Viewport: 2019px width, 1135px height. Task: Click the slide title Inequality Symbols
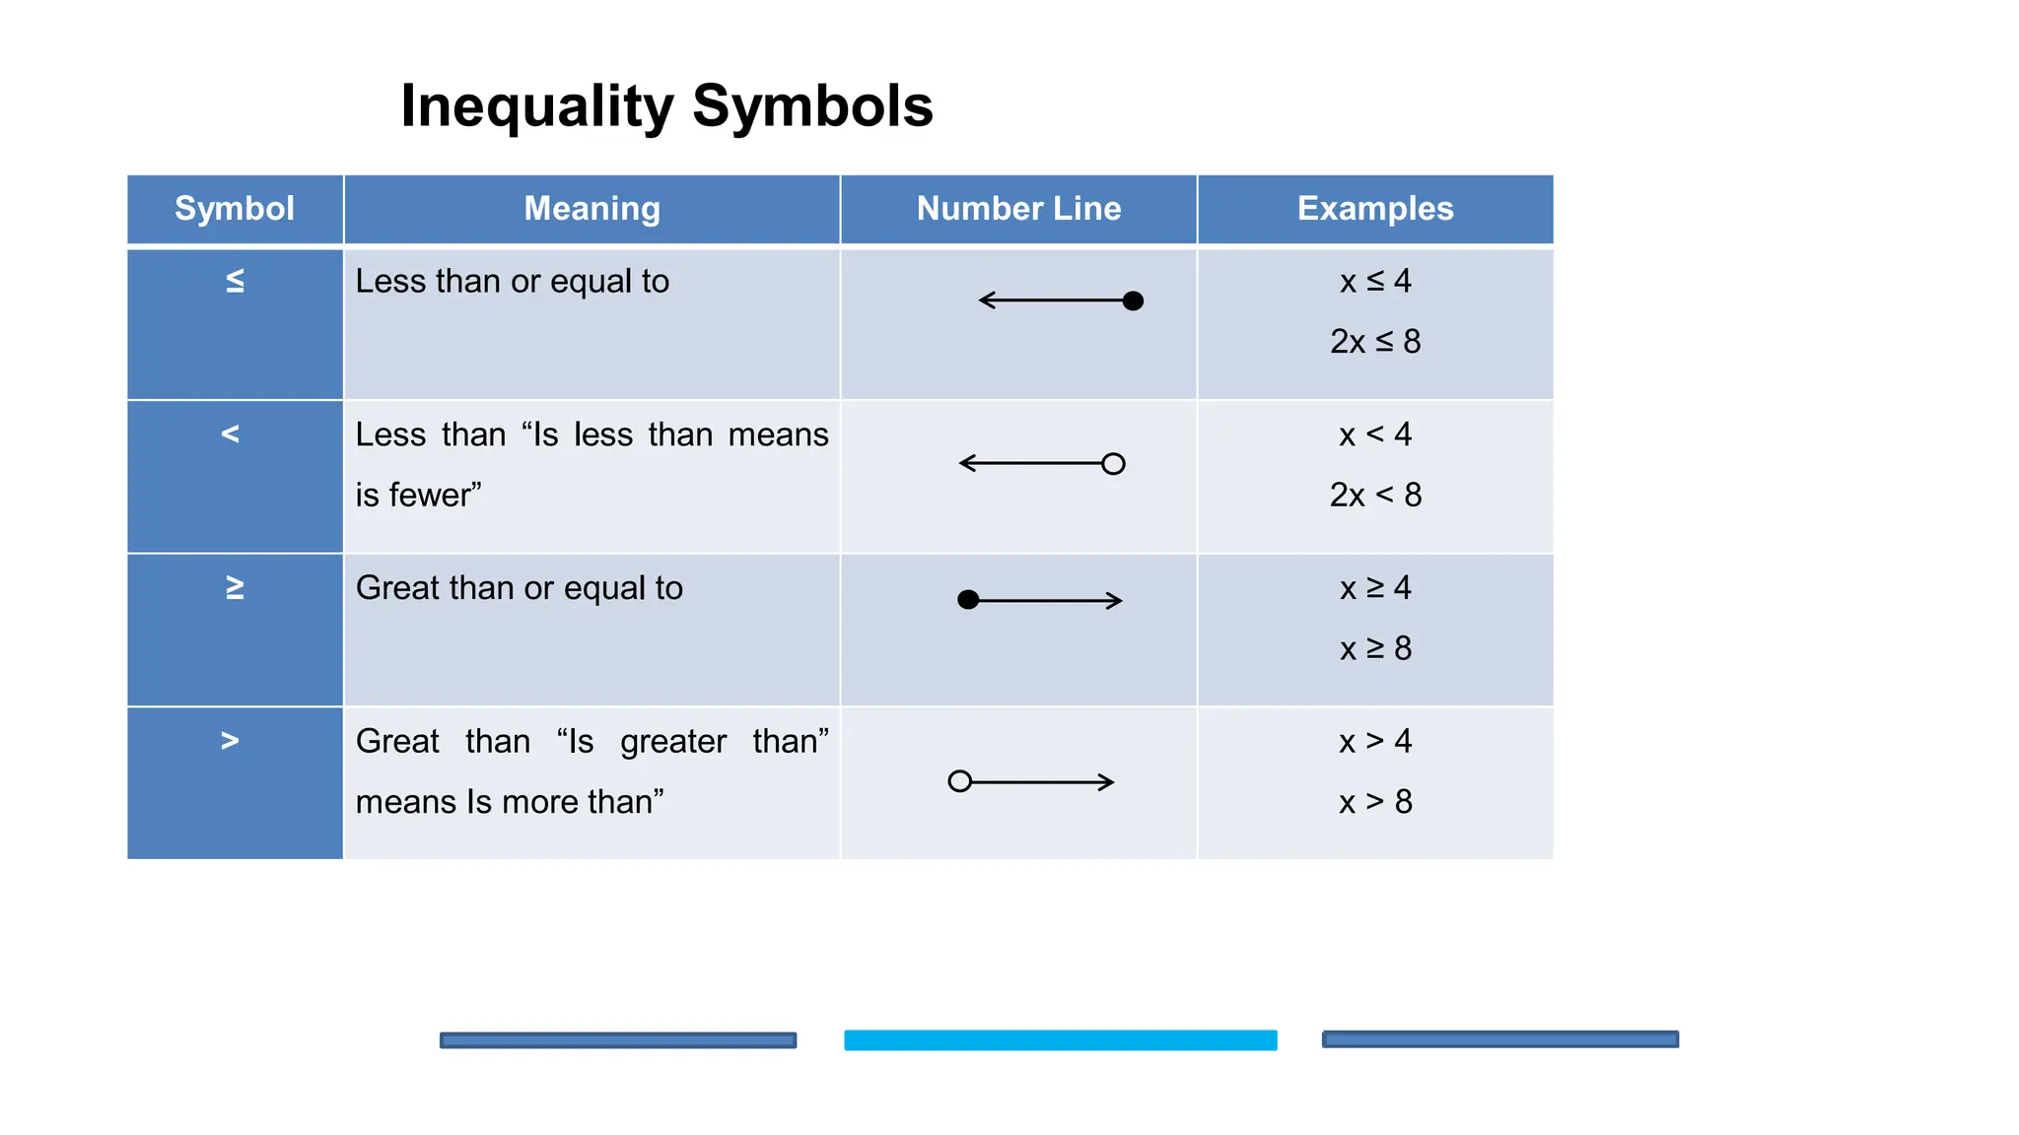[x=666, y=106]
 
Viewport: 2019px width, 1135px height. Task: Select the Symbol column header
[x=235, y=209]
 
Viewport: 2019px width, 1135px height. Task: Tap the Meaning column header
[x=592, y=209]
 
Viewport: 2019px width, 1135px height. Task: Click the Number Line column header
[x=1018, y=209]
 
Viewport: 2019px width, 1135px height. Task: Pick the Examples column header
[x=1375, y=209]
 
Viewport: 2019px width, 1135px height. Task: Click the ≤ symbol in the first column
[x=235, y=282]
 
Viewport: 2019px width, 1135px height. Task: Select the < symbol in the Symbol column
[x=231, y=434]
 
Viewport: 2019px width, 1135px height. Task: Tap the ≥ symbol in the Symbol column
[x=235, y=588]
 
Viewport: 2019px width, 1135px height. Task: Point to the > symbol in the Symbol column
[x=231, y=741]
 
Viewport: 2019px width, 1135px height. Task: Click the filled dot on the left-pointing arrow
[x=1133, y=300]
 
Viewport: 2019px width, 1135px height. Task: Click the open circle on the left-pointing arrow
[x=1113, y=464]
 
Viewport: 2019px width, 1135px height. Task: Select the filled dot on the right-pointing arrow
[x=968, y=600]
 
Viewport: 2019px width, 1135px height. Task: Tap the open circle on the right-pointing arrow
[x=959, y=781]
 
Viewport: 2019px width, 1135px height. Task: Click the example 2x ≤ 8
[x=1375, y=342]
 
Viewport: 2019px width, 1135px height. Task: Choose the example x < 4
[x=1375, y=434]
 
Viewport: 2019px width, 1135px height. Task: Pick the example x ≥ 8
[x=1375, y=648]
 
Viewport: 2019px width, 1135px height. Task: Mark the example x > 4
[x=1375, y=741]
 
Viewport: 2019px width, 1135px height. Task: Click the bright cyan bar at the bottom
[x=1060, y=1040]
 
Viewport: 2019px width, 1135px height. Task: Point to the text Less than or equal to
[x=512, y=282]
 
